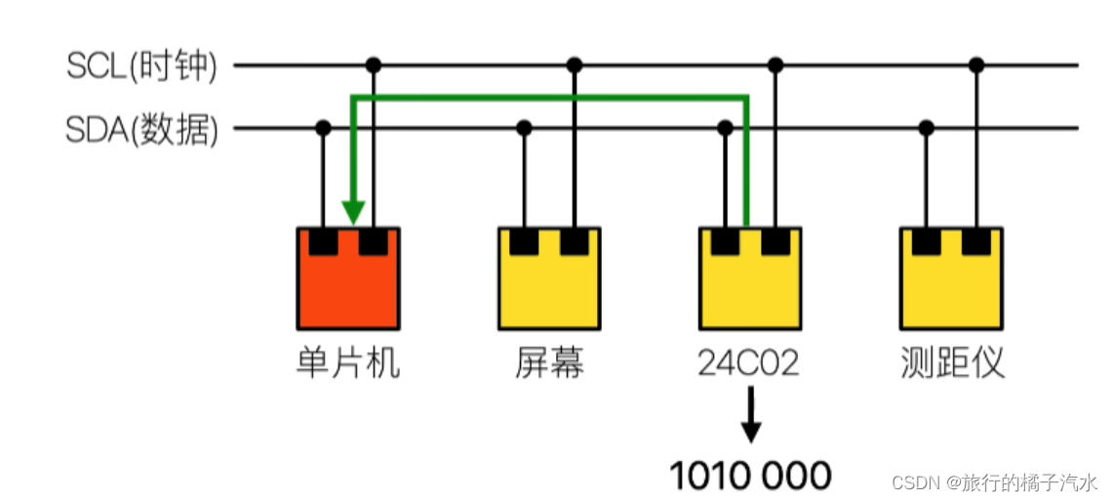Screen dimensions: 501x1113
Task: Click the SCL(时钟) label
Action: coord(142,66)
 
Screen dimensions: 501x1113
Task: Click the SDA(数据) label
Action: coord(142,129)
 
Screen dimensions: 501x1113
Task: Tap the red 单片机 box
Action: coord(348,288)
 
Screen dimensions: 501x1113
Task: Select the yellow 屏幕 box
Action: coord(548,288)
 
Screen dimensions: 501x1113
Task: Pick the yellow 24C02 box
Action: coord(750,288)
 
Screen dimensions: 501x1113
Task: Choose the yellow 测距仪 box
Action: coord(951,288)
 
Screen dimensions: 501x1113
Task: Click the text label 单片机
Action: coord(347,363)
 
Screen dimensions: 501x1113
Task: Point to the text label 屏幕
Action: coord(549,363)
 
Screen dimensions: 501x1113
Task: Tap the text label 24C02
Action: coord(749,363)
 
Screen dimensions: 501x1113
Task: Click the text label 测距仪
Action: coord(951,363)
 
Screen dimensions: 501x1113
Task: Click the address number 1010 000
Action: coord(749,476)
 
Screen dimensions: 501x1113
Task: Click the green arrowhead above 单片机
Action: coord(353,212)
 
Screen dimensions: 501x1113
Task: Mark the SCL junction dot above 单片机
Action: coord(373,65)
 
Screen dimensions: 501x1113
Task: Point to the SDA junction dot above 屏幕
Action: coord(524,128)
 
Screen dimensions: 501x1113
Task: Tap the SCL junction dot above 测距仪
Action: coord(976,65)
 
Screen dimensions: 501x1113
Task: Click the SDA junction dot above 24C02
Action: coord(725,128)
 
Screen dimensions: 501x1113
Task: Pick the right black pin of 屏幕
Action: coord(574,241)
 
